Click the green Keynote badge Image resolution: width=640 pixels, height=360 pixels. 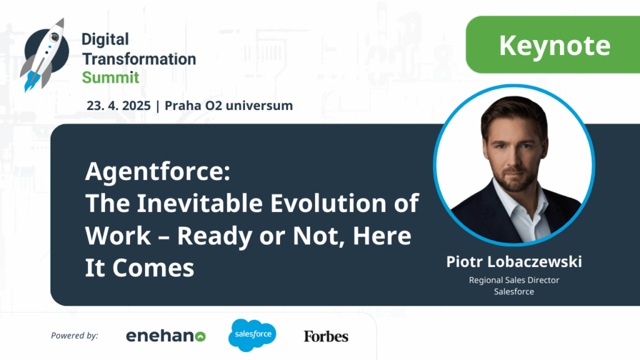(552, 44)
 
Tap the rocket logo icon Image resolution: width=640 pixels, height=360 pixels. (45, 55)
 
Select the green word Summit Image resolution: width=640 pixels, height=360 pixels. (111, 77)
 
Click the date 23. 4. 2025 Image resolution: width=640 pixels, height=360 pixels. (118, 106)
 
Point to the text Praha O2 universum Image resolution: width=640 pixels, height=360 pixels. (229, 106)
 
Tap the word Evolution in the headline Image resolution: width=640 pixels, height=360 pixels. (328, 203)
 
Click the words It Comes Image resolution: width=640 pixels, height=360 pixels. (139, 267)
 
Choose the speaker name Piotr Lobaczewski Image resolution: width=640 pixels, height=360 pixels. (514, 262)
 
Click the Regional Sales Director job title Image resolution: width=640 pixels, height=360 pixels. (514, 280)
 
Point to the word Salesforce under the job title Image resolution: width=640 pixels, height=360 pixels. (514, 291)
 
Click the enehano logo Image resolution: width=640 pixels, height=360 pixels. (166, 336)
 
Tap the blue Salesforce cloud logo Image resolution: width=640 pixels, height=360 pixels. (252, 335)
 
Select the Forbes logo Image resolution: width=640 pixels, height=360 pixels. (326, 336)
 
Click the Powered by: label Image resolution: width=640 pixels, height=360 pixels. (75, 336)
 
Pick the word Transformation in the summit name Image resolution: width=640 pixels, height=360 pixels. (139, 59)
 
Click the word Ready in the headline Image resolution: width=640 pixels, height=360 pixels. (214, 236)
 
